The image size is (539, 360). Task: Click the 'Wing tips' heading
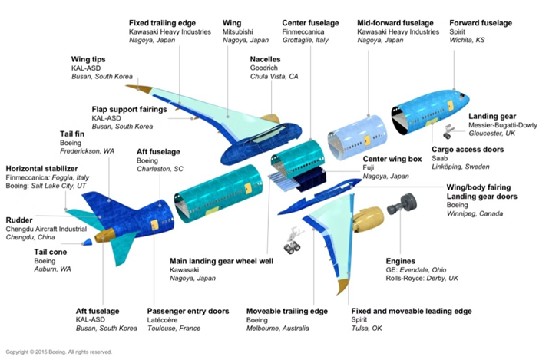point(88,59)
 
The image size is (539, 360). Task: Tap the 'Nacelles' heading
point(265,59)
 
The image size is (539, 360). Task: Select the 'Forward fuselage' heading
point(481,23)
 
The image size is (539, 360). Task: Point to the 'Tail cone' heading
point(50,252)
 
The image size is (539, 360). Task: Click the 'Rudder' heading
point(19,220)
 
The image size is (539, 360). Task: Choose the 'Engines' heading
point(401,261)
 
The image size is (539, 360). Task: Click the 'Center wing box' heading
point(392,159)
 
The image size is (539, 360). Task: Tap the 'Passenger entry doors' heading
point(188,311)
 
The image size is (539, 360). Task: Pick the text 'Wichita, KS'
point(467,40)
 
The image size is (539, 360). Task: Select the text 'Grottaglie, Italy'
point(306,40)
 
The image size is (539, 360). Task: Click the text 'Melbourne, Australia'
point(277,329)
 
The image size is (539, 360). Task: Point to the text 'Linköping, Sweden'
point(461,167)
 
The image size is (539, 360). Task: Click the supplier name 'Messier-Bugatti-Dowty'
point(503,125)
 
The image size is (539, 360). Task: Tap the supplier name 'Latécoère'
point(162,320)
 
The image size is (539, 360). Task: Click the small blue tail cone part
point(87,242)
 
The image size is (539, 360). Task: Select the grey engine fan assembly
point(402,204)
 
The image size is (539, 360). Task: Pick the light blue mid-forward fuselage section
point(356,137)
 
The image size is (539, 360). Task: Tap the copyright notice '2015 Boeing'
point(51,352)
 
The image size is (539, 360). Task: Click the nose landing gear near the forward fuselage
point(448,131)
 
